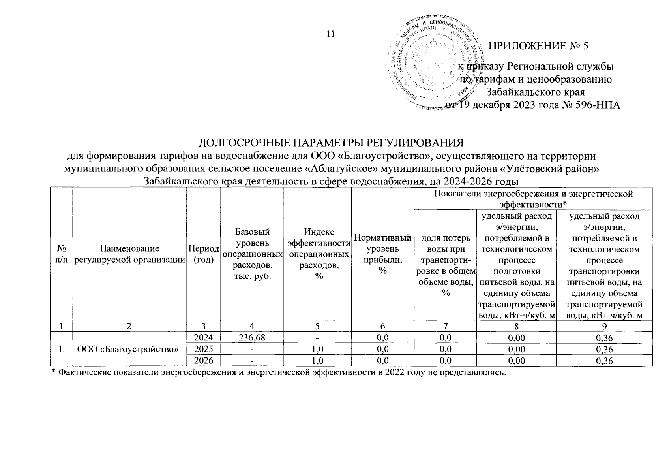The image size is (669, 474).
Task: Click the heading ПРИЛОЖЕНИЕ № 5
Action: [538, 46]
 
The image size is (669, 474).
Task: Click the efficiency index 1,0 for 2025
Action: [317, 349]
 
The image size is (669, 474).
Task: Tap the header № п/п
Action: [61, 254]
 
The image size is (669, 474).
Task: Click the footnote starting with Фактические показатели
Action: [278, 373]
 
